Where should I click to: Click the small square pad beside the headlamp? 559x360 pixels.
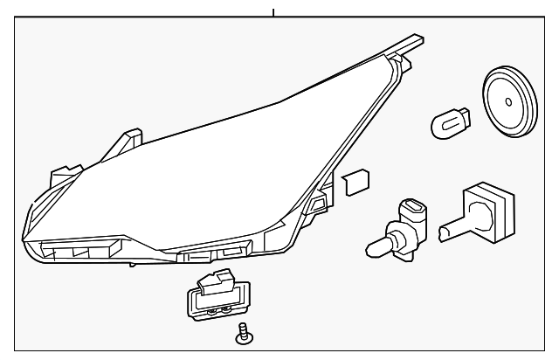tap(355, 182)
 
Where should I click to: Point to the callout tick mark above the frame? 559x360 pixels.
tap(274, 12)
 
